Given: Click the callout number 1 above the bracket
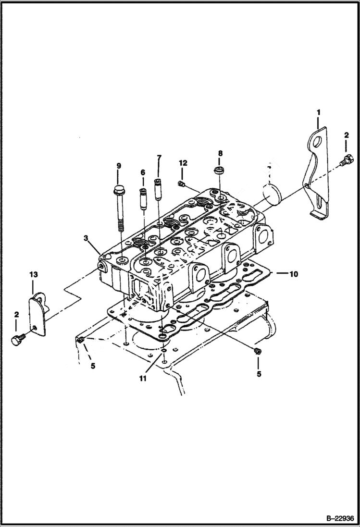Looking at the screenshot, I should [318, 112].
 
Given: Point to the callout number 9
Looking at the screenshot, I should [119, 166].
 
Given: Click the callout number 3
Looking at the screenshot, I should [86, 238].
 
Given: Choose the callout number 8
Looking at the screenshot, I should [220, 153].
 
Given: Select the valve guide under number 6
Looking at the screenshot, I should [143, 197].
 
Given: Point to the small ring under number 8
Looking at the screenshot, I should [220, 170].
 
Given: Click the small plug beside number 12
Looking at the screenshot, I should [182, 183].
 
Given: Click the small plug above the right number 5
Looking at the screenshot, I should [258, 351].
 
